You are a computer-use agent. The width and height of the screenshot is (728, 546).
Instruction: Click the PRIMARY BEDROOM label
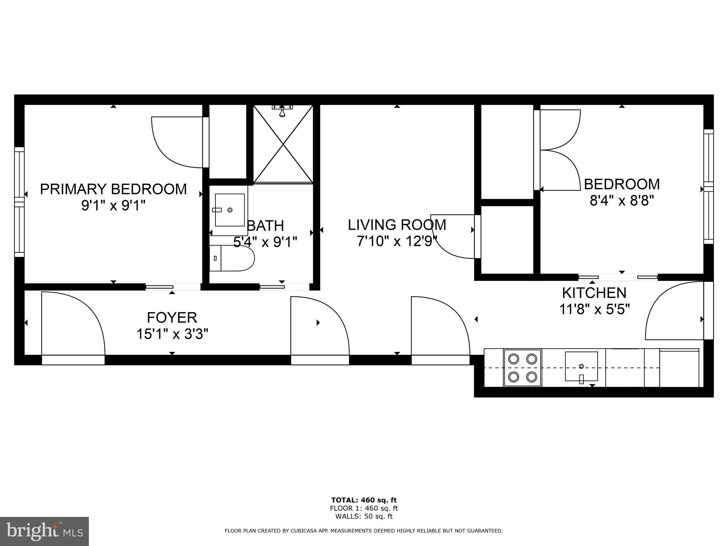tap(113, 189)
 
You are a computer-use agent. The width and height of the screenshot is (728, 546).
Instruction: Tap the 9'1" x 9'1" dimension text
tap(113, 205)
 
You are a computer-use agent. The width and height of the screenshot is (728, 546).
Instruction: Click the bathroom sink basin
tap(230, 210)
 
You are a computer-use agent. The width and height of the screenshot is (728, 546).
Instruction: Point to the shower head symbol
tap(282, 111)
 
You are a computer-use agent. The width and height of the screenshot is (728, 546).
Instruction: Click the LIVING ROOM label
tap(397, 225)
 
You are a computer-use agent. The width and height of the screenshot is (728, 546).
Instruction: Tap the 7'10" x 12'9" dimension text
tap(397, 242)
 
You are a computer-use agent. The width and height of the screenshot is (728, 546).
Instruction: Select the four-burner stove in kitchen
tap(522, 368)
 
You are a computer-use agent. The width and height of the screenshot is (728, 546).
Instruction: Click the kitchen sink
tap(581, 366)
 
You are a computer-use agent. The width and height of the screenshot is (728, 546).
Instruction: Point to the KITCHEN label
tap(594, 293)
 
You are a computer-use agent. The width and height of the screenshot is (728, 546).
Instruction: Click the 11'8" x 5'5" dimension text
tap(594, 309)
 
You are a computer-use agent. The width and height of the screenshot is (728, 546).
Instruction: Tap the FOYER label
tap(172, 317)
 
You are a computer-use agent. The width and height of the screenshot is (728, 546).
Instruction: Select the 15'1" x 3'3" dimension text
tap(172, 334)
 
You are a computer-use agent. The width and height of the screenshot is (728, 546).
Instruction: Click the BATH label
tap(266, 226)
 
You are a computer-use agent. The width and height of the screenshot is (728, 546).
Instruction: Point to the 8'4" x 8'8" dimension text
tap(622, 201)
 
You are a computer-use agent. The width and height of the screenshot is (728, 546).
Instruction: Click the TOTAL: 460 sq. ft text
tap(364, 500)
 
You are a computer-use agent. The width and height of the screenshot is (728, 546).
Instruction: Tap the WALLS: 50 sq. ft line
tap(364, 516)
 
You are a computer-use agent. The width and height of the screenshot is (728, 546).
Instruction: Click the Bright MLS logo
tap(44, 531)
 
